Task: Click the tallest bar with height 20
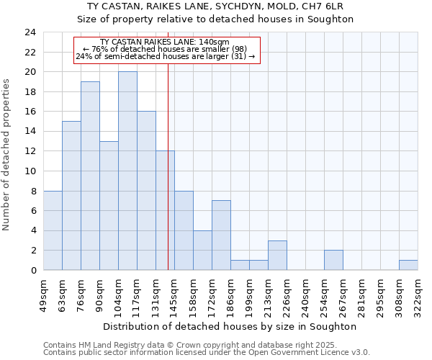[x=127, y=171]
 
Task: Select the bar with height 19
[x=90, y=176]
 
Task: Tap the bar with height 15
[x=71, y=195]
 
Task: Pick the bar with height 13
[x=109, y=205]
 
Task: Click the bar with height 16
[x=146, y=190]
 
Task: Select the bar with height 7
[x=221, y=235]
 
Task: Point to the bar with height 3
[x=277, y=255]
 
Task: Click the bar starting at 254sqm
[x=333, y=260]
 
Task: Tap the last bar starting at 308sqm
[x=408, y=265]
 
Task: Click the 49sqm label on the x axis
[x=43, y=292]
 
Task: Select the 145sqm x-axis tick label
[x=175, y=292]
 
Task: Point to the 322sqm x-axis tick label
[x=418, y=292]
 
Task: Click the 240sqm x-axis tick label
[x=306, y=292]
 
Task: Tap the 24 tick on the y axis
[x=30, y=32]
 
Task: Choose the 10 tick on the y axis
[x=30, y=171]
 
